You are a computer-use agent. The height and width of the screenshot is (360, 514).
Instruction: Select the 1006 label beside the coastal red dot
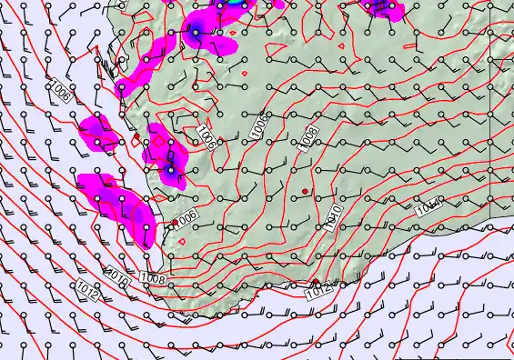(x=186, y=218)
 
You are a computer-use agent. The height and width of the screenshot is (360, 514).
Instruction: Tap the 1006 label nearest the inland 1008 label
(x=259, y=126)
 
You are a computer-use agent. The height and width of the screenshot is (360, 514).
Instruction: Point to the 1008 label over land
(x=308, y=136)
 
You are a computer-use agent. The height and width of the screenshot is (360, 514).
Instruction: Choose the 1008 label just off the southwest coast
(x=153, y=280)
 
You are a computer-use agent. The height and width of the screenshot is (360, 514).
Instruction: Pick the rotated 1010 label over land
(x=334, y=215)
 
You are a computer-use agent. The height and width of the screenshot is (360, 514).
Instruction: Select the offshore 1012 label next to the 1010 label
(x=88, y=290)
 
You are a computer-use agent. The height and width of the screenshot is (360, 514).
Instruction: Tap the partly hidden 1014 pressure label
(x=428, y=208)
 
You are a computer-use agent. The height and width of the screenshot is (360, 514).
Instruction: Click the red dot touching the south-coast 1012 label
(x=315, y=282)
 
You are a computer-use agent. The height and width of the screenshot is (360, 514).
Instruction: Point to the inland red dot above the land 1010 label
(x=305, y=190)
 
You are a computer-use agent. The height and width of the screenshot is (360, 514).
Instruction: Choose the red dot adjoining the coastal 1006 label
(x=176, y=222)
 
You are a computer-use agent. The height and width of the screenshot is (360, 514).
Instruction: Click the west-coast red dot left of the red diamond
(x=136, y=136)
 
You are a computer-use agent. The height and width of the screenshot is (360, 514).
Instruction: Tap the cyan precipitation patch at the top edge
(x=235, y=4)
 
